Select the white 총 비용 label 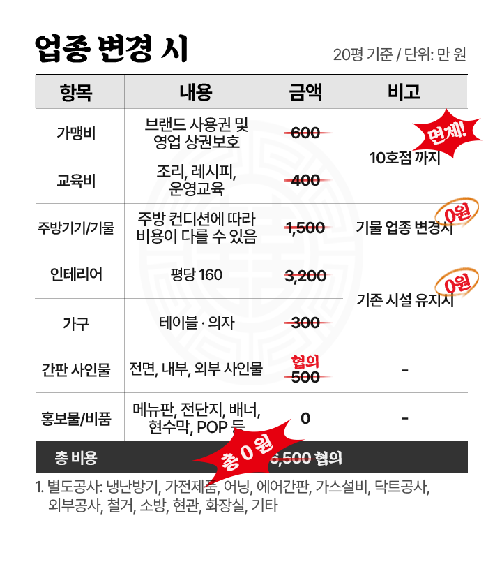coord(76,458)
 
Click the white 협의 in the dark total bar coord(328,458)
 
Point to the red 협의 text coord(305,362)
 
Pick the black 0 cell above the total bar coord(305,418)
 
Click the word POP coord(210,427)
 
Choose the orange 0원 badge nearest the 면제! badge coord(457,213)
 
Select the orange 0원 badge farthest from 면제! coord(457,283)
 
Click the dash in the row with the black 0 coord(405,418)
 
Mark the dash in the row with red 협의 coord(405,369)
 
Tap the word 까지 coord(427,158)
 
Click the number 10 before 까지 coord(376,158)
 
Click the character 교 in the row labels coord(63,181)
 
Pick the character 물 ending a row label coord(103,369)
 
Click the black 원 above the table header coord(459,54)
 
